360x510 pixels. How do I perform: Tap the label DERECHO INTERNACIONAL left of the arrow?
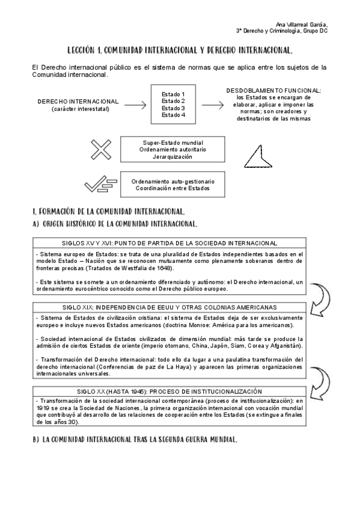coord(78,102)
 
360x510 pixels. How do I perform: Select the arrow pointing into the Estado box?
coord(135,105)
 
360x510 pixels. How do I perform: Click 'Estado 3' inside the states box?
coord(174,108)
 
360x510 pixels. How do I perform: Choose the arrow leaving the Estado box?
coord(212,105)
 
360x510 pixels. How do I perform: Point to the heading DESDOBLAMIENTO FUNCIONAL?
coord(273,90)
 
